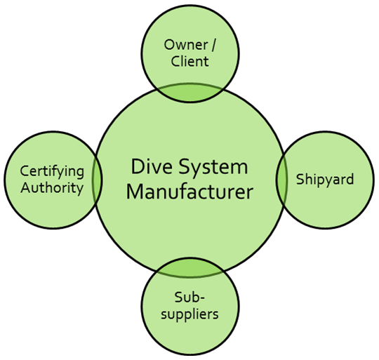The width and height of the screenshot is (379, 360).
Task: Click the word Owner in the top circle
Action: (x=185, y=45)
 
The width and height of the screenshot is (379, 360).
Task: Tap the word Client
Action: (x=189, y=61)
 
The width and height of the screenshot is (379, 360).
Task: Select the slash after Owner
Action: (x=213, y=45)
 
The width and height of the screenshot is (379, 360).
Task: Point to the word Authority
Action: (x=52, y=188)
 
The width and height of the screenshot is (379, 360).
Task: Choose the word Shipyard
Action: (x=325, y=180)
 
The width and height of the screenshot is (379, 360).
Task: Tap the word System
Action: (x=213, y=168)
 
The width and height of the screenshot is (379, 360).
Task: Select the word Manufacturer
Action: (x=189, y=192)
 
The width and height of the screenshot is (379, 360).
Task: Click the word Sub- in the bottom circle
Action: (x=189, y=298)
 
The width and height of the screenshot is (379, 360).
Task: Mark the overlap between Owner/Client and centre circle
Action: (x=189, y=93)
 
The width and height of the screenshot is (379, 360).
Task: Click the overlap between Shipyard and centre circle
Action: (x=281, y=180)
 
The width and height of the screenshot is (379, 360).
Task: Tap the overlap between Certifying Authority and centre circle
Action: (x=97, y=180)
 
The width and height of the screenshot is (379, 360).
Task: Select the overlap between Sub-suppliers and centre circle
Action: (x=189, y=267)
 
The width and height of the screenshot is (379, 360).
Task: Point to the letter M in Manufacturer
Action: (x=135, y=192)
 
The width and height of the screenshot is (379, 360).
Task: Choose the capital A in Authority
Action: (x=26, y=188)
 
